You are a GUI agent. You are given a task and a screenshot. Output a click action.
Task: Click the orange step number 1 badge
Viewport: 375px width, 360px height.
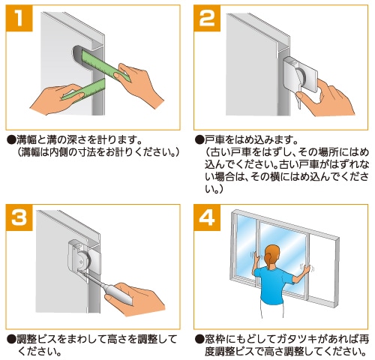pos(19,18)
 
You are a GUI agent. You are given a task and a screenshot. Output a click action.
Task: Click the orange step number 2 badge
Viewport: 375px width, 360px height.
pos(207,18)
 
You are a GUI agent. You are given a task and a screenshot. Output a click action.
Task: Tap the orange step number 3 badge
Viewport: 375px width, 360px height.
pos(19,217)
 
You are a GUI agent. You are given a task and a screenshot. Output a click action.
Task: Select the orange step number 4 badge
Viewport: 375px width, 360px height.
pos(207,217)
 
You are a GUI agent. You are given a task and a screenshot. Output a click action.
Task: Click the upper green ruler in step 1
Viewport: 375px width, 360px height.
pos(105,64)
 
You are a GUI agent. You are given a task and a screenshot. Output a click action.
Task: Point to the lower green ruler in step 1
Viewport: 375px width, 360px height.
pos(84,91)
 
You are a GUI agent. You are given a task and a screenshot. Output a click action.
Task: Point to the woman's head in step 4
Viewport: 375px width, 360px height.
pos(271,256)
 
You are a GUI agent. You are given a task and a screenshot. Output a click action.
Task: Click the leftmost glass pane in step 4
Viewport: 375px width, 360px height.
pos(246,245)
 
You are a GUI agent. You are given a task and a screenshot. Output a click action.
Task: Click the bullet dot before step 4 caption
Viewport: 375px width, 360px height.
pos(199,340)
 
